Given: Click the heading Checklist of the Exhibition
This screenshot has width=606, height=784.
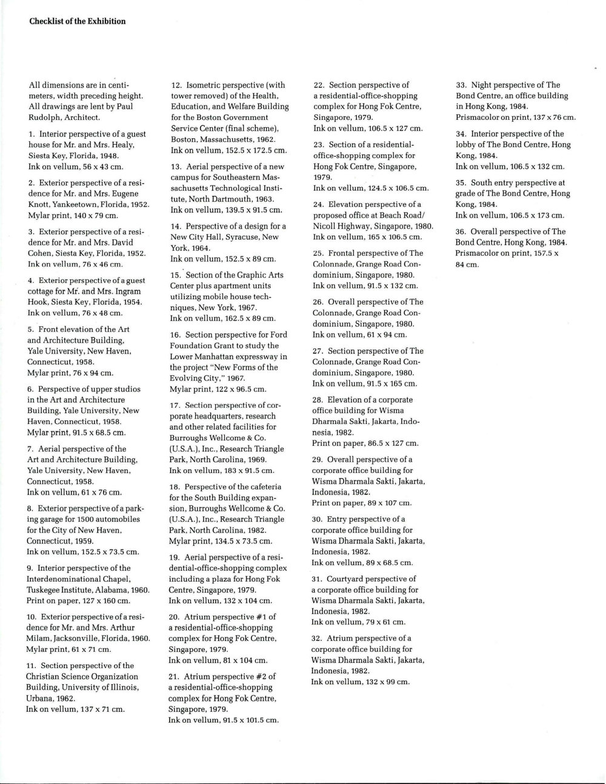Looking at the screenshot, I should click(78, 21).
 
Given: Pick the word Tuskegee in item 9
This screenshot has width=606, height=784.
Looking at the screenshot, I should click(45, 590).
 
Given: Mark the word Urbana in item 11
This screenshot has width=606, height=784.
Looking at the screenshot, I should click(39, 697).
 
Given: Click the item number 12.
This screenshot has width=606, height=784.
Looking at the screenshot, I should click(176, 85).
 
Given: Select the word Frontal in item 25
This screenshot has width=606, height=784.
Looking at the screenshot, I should click(343, 253).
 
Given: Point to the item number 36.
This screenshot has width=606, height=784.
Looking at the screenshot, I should click(461, 231).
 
